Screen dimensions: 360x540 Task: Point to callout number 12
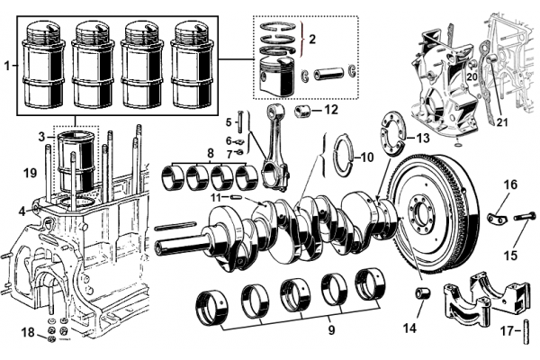[330, 110]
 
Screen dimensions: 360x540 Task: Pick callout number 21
[502, 122]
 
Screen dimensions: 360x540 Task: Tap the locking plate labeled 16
[498, 217]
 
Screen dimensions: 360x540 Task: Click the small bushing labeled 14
[419, 294]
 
